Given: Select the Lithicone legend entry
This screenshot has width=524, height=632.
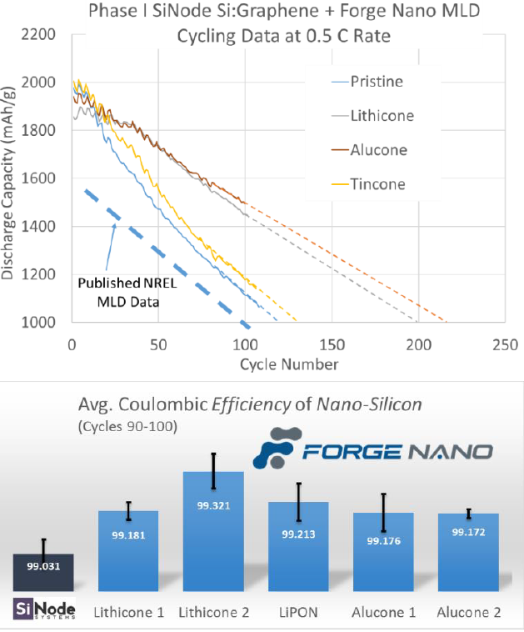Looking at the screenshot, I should [378, 116].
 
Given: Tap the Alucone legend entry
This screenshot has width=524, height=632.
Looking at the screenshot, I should [376, 150].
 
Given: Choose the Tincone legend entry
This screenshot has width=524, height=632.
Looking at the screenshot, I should [376, 184].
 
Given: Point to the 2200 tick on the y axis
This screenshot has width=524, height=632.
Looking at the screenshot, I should [39, 35].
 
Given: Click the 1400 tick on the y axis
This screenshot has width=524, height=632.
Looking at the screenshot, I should [39, 227].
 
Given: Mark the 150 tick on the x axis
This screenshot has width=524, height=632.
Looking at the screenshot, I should [331, 344].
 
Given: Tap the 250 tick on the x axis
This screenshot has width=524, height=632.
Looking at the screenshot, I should [504, 344].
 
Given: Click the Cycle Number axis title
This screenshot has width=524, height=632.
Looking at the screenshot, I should [288, 364].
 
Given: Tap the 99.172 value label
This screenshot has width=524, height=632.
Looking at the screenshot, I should [468, 531].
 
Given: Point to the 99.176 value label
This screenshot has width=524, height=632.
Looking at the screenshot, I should [383, 540].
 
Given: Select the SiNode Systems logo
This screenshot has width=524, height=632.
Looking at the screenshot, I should [44, 609].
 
